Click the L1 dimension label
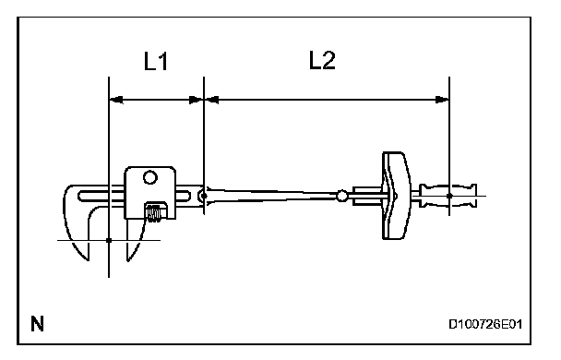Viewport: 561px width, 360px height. pos(156,61)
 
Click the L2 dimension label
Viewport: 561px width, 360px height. pos(322,60)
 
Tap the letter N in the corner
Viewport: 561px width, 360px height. pos(37,324)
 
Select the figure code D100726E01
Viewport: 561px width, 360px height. pos(485,324)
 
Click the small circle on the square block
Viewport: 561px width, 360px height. pos(149,177)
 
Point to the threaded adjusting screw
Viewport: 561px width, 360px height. pos(154,213)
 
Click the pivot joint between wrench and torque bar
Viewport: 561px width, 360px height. pos(203,196)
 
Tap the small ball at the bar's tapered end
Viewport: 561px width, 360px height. pos(342,196)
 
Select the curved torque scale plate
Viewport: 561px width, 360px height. pos(396,196)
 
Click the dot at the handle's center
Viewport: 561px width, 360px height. pos(449,196)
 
